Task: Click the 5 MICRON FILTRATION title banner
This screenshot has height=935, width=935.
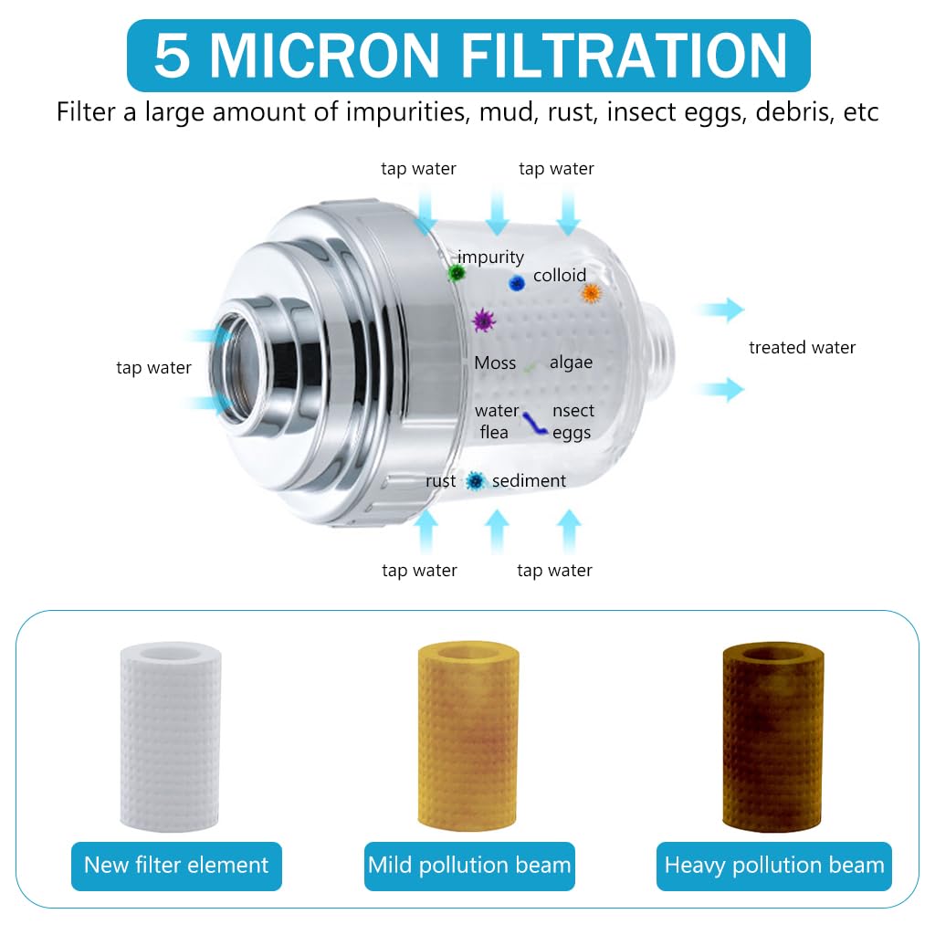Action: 467,56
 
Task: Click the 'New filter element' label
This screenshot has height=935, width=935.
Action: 176,866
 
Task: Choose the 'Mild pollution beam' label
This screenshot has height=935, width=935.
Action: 469,866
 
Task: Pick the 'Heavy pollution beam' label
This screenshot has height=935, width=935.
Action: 773,866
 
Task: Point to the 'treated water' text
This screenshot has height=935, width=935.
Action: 802,348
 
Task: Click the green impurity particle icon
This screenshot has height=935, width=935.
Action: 457,272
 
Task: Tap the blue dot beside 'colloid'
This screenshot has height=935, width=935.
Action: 517,283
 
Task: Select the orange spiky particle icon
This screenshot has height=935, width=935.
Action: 591,293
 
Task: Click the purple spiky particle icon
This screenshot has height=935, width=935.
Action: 482,320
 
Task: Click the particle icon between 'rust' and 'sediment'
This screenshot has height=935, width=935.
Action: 474,481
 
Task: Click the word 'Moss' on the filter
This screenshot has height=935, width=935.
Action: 495,363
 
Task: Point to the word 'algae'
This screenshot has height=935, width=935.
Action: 571,363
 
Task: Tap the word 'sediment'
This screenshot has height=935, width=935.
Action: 529,481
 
